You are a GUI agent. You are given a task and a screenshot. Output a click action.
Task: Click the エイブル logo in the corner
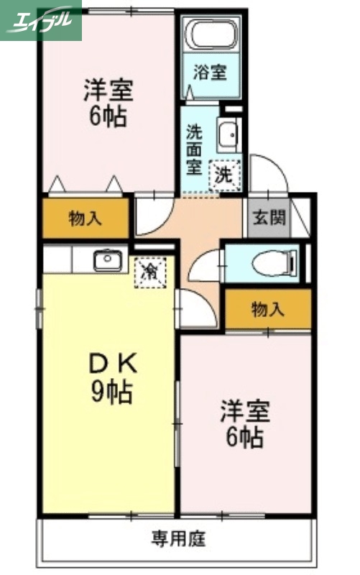click(41, 20)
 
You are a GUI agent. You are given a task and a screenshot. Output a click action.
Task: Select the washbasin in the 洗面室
click(229, 134)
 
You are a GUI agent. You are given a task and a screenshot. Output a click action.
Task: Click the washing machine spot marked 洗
click(224, 174)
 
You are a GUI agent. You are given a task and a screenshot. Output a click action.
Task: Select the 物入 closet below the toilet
click(268, 310)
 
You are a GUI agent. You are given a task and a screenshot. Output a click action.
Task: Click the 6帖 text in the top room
click(109, 117)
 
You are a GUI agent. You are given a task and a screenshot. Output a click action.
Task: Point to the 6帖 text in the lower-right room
click(244, 437)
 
